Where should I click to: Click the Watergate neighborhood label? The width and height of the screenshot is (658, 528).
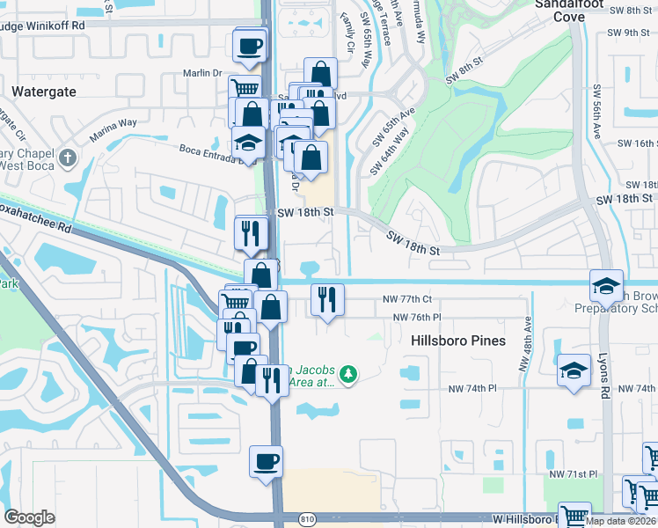coord(43,92)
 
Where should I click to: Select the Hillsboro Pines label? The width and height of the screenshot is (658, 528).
coord(458,340)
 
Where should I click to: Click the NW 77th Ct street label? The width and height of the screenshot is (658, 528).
coord(407,300)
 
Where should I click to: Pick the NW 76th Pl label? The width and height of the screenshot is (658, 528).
coord(417,317)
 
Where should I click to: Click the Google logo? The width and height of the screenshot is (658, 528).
coord(29,517)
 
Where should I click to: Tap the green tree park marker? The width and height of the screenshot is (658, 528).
coord(349,375)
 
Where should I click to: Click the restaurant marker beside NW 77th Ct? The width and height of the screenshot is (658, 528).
coord(327,300)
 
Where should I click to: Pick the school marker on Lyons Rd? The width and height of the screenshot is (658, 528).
coord(606,287)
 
